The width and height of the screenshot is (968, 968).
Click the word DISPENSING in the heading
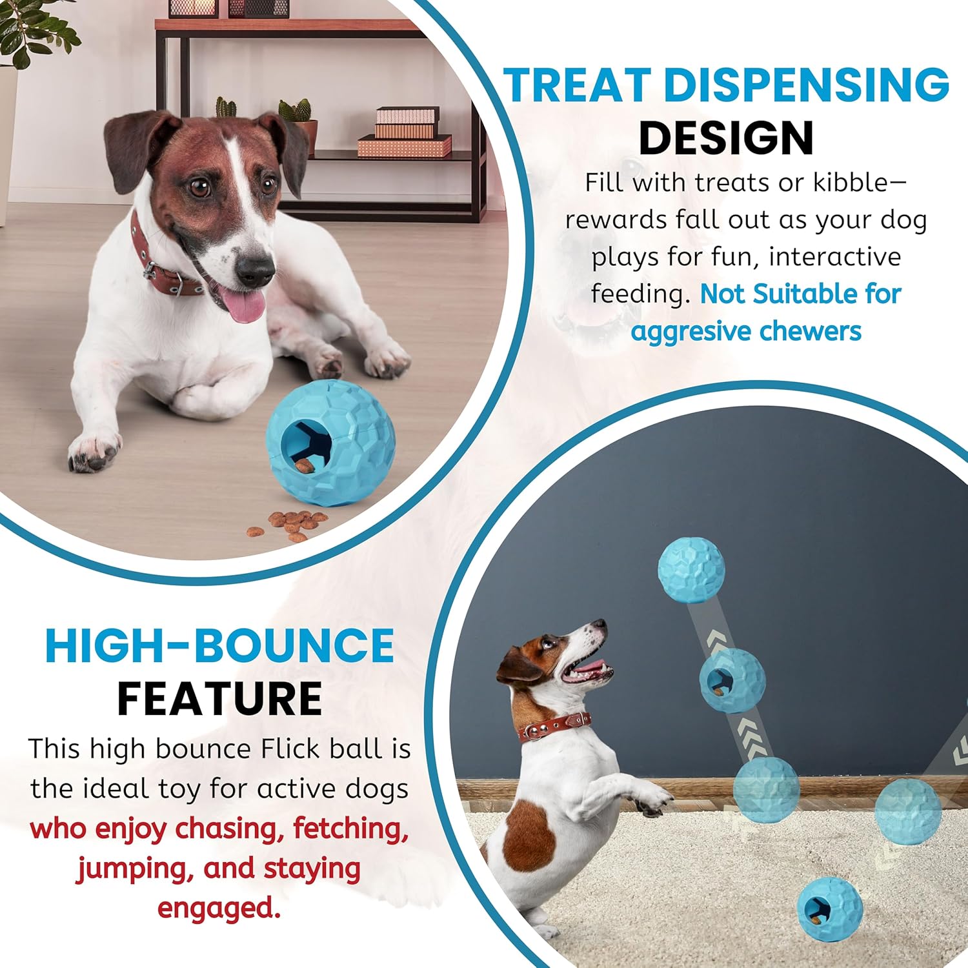click(x=807, y=85)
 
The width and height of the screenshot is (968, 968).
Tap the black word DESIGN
click(x=726, y=138)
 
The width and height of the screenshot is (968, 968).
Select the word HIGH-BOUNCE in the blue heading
click(x=219, y=645)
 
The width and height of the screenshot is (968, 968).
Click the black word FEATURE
click(x=219, y=699)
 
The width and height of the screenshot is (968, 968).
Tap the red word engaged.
click(x=219, y=909)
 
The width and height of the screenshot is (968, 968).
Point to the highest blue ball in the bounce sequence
click(x=691, y=570)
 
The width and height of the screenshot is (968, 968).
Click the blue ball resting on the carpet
click(x=829, y=909)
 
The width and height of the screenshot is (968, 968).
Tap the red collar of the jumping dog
click(x=555, y=726)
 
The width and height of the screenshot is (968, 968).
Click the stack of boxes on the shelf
click(x=405, y=132)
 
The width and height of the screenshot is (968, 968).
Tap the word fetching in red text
click(x=351, y=829)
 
